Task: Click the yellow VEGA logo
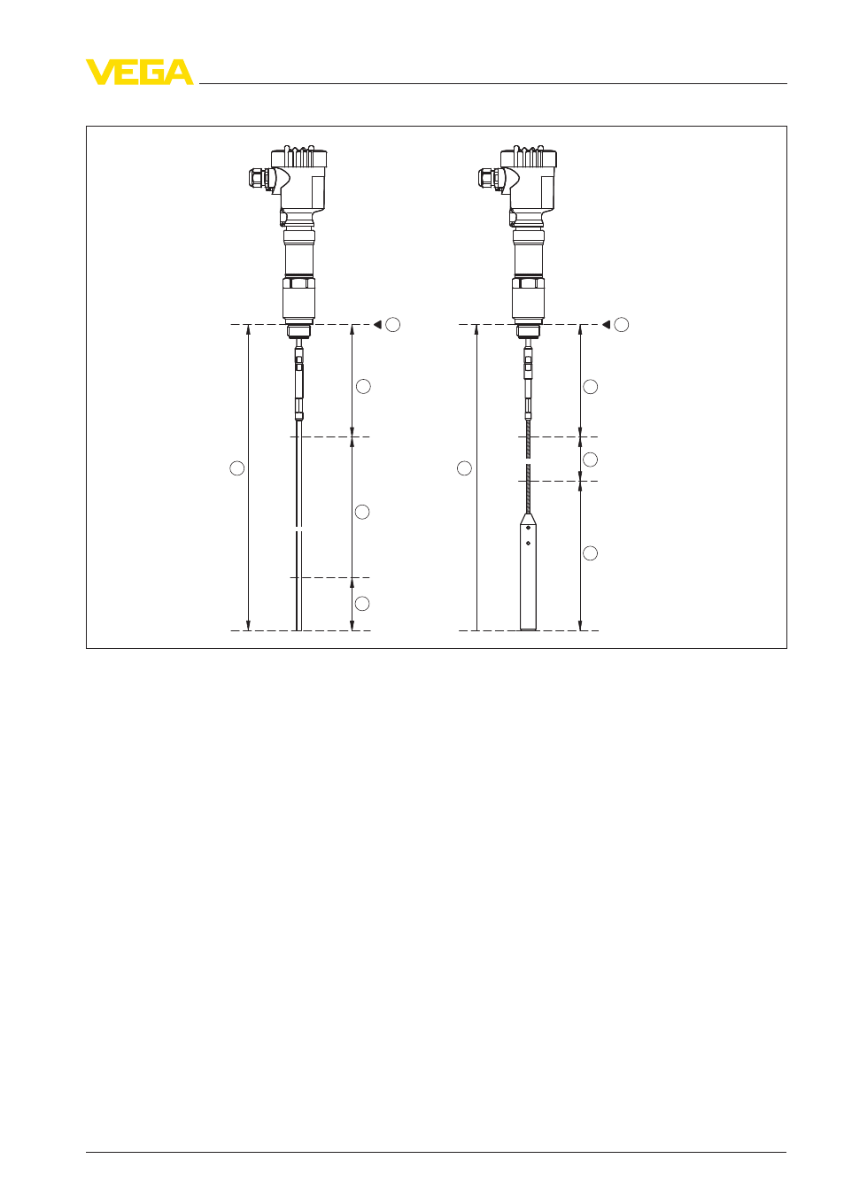(x=140, y=72)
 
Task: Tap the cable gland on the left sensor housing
(x=259, y=178)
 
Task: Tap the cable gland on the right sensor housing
(x=489, y=178)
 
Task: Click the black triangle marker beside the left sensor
(x=377, y=324)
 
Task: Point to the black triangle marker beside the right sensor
(x=606, y=324)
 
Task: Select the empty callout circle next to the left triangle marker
(x=393, y=324)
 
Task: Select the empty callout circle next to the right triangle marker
(x=621, y=324)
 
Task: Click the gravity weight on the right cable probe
(x=528, y=572)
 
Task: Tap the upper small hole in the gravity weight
(x=528, y=528)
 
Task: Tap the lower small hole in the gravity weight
(x=528, y=543)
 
